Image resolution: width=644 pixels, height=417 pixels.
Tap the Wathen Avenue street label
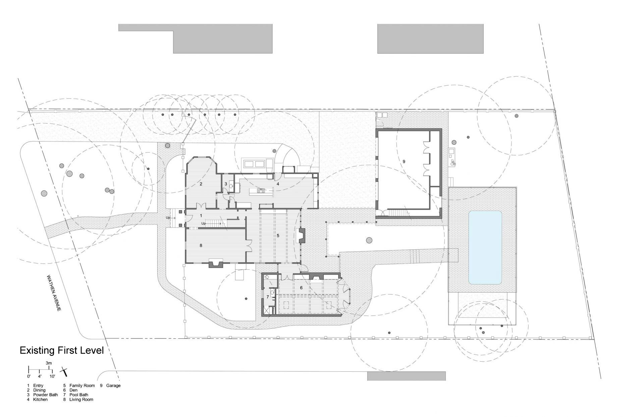click(54, 293)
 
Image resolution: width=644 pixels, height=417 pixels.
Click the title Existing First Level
click(62, 351)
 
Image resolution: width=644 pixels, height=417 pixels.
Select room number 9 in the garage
click(404, 161)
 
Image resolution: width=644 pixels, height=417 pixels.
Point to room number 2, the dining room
click(201, 184)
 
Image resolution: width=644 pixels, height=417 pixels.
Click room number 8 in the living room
click(201, 245)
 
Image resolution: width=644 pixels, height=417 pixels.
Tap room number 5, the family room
click(278, 236)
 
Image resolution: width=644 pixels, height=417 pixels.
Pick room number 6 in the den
click(301, 288)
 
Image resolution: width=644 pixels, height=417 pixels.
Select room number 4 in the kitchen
click(278, 184)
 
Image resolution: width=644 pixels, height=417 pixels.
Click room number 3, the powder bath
click(226, 184)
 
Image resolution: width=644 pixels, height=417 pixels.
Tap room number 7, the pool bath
click(268, 297)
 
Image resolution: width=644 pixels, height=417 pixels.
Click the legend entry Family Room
click(82, 385)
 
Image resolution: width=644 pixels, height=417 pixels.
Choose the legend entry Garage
click(113, 385)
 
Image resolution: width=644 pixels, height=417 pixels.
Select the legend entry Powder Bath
click(46, 395)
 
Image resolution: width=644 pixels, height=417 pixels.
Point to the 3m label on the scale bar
click(49, 363)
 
